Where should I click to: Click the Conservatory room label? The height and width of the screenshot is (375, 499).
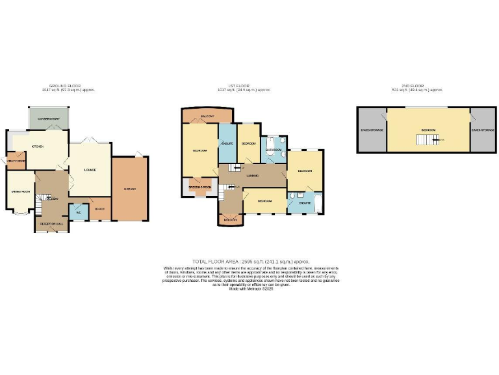48,119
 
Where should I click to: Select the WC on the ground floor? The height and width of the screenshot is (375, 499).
78,212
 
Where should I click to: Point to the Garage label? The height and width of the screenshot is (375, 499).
129,189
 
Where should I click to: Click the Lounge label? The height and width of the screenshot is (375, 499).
90,171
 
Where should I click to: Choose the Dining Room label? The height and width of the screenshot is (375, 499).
21,191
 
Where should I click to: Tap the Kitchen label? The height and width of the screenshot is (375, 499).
38,146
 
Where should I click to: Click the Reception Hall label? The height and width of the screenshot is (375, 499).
51,223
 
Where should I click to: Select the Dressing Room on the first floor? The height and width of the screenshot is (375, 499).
200,187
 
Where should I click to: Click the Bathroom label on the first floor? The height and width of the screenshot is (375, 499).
273,150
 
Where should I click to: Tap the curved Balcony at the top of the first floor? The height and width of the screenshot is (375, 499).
207,116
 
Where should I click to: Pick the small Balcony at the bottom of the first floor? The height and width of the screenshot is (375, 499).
230,219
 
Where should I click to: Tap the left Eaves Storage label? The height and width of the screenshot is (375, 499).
372,130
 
